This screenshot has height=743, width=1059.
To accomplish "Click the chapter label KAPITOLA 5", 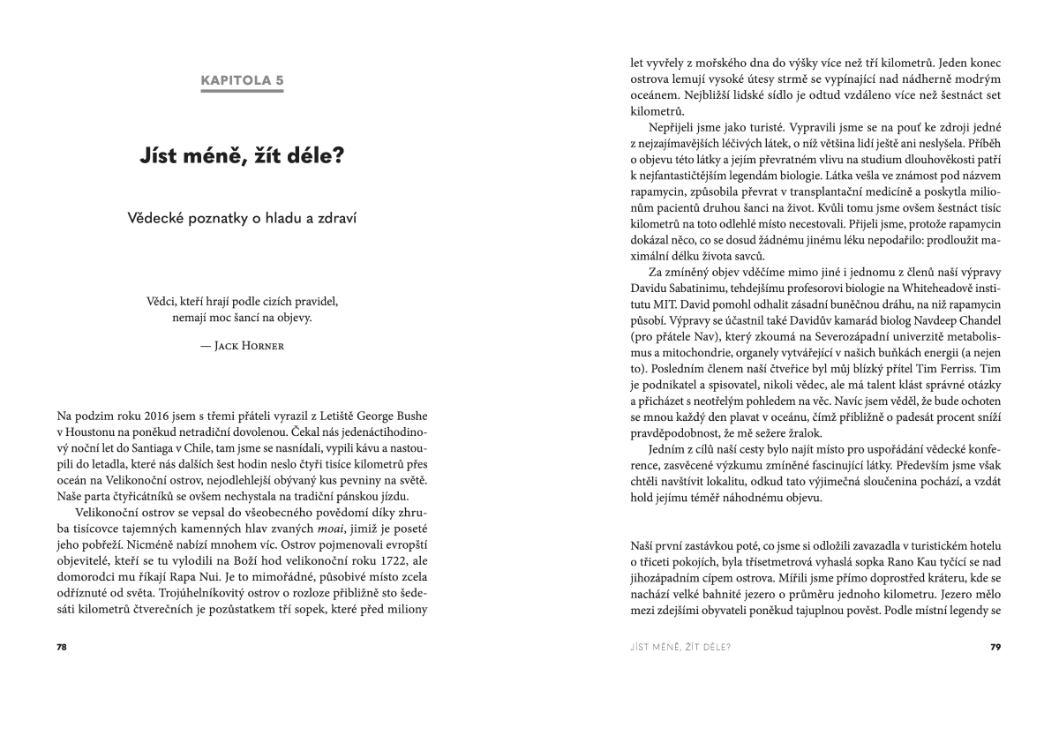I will [x=242, y=80].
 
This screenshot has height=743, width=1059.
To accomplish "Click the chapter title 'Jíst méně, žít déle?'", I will [x=242, y=157].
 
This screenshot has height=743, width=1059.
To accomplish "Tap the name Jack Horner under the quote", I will [x=248, y=346].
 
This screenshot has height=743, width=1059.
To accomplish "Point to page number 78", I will [x=62, y=647].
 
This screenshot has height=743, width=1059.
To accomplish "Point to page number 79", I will [x=995, y=647].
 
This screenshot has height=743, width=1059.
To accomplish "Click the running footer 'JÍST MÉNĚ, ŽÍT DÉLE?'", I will [x=680, y=647].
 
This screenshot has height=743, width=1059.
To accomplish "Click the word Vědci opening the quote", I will [x=162, y=301].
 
